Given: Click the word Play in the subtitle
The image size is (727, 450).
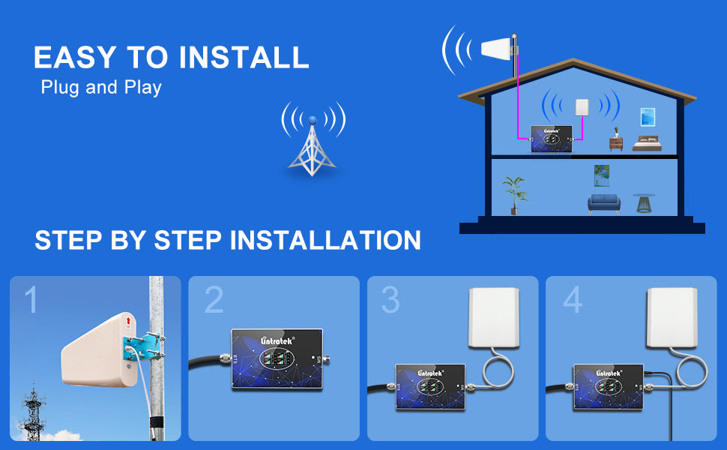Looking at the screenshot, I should [x=145, y=88].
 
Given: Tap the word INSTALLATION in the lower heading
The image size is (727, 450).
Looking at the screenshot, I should [x=325, y=240].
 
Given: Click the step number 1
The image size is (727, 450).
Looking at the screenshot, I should [x=31, y=300].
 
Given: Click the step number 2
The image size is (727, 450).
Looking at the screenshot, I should [x=214, y=300].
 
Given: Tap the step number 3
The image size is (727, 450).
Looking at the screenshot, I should [x=390, y=300].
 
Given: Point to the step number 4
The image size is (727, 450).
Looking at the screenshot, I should [x=573, y=300].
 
